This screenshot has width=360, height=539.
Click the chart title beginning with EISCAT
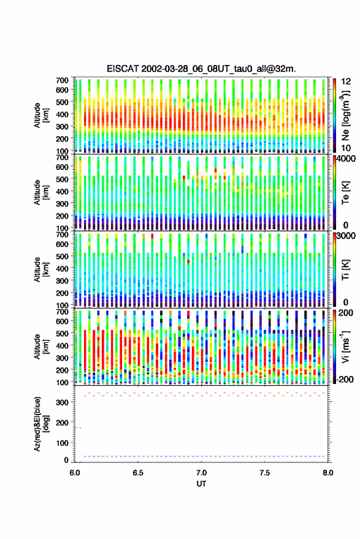click(201, 69)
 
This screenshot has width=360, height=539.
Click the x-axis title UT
click(201, 484)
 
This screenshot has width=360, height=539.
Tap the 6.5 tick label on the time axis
click(138, 473)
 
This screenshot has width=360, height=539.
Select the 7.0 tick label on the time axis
click(201, 473)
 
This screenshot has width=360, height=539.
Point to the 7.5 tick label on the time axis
click(264, 473)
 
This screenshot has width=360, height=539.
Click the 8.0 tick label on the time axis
click(327, 473)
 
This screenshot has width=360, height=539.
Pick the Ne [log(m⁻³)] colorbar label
click(346, 115)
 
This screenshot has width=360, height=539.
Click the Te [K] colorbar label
click(345, 193)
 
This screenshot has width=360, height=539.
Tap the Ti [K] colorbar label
click(345, 270)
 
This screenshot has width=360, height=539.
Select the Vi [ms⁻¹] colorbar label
click(345, 346)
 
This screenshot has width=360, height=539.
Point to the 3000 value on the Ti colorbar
click(346, 236)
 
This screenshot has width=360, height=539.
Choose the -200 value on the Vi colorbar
click(343, 379)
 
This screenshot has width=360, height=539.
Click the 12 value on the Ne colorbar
click(346, 82)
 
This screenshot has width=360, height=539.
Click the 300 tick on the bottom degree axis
click(62, 402)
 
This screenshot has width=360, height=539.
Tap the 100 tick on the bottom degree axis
click(62, 443)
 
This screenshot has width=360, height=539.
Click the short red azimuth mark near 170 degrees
click(79, 427)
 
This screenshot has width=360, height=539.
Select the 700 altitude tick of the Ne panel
click(62, 80)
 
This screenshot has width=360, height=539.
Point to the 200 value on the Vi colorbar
click(345, 313)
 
